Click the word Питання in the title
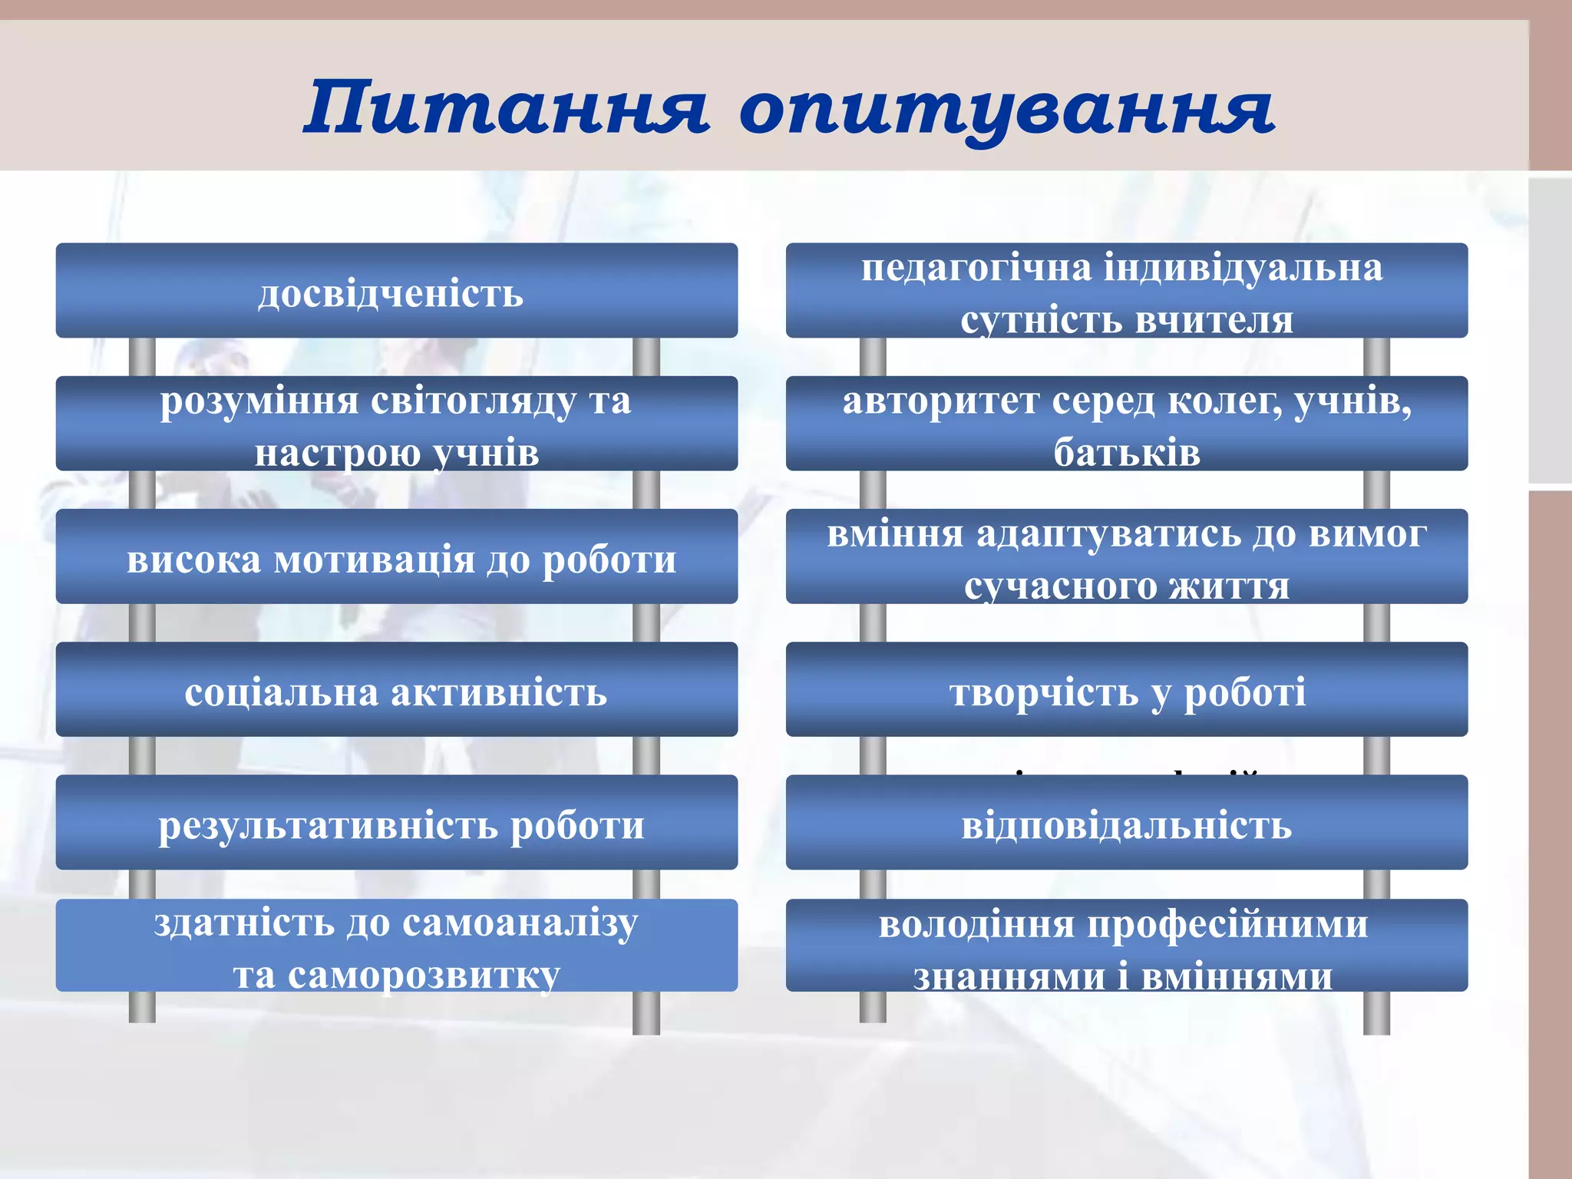[507, 107]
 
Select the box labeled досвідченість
[396, 291]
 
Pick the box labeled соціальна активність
[396, 690]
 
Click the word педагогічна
[976, 269]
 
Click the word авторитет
[940, 401]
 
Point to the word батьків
[1126, 452]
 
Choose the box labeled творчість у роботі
[1126, 690]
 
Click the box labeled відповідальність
[1126, 825]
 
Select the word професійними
[1228, 924]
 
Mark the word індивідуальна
[1243, 269]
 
